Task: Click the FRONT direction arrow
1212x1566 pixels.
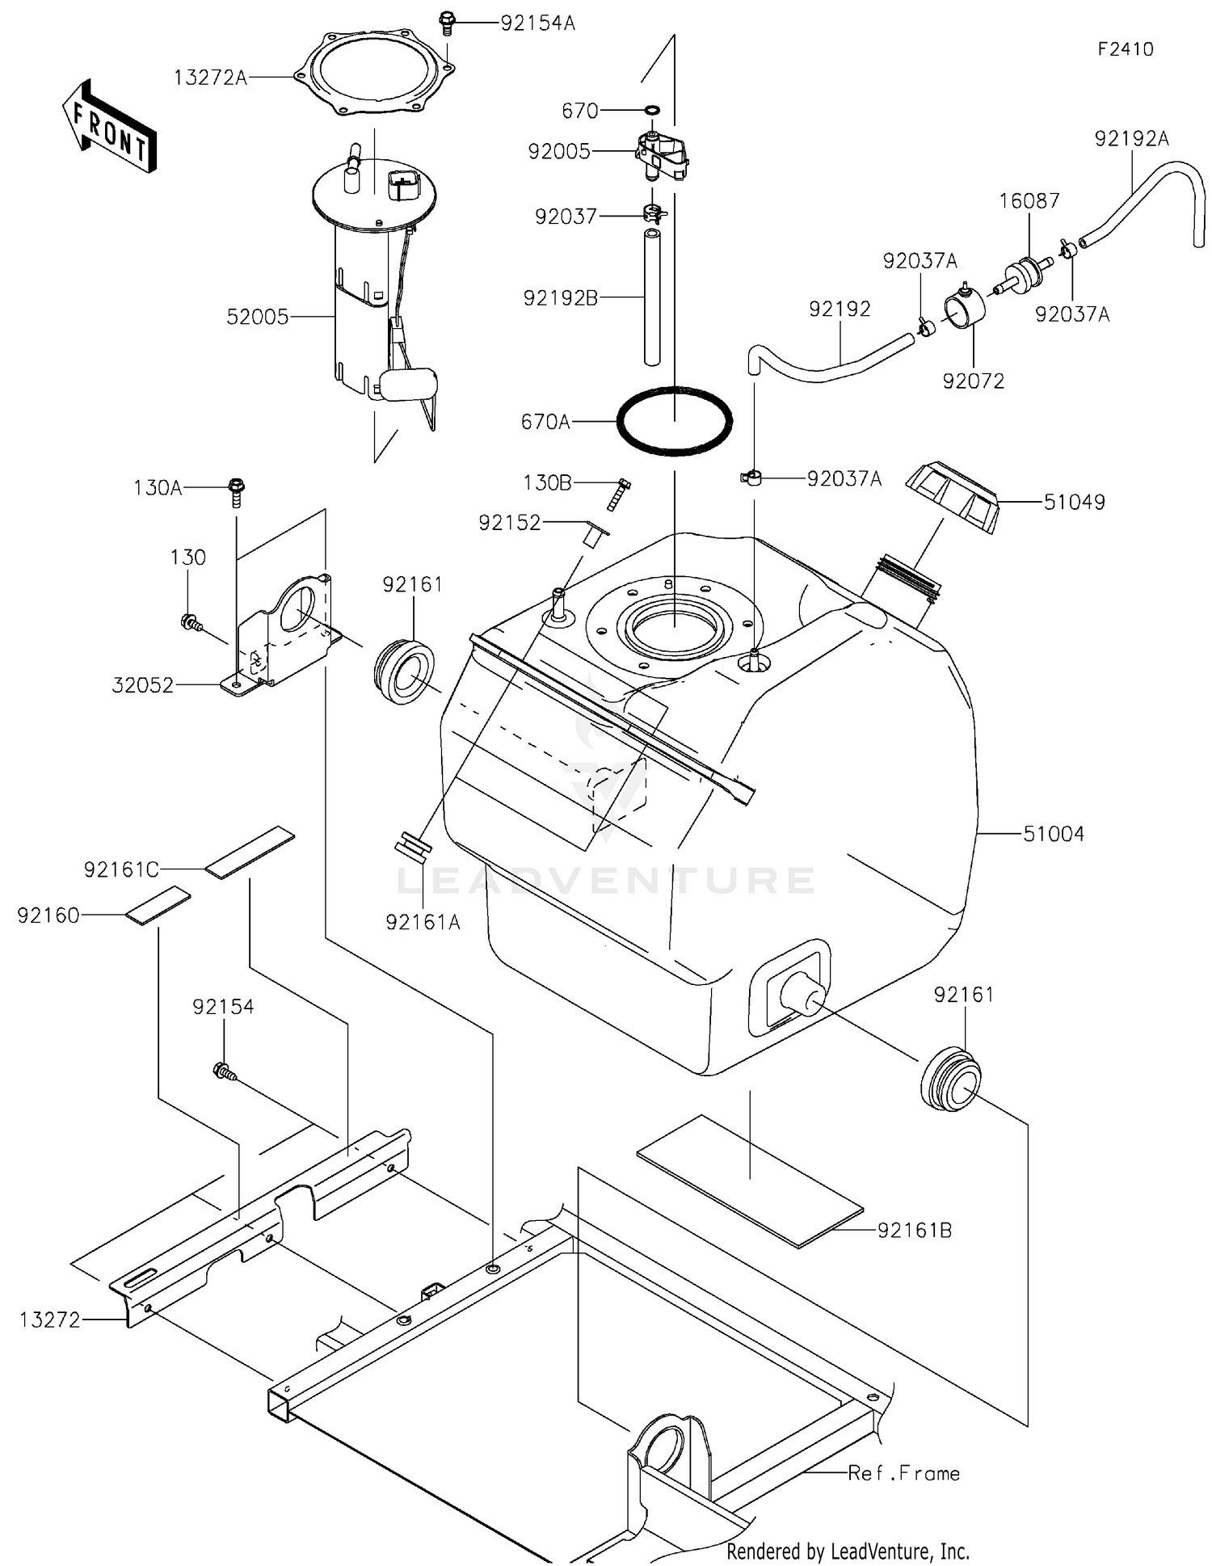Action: point(109,128)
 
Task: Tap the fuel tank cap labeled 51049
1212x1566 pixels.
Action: point(953,495)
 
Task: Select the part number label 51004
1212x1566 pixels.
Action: point(1054,834)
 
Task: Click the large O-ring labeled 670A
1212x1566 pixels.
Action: point(675,421)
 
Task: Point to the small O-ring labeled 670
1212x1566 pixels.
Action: point(652,110)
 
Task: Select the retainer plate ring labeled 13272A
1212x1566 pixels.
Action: point(375,74)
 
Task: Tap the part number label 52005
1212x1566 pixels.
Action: point(258,317)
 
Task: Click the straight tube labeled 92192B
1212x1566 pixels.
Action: point(652,297)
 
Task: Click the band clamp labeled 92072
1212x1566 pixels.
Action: point(965,308)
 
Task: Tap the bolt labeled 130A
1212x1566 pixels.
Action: point(237,491)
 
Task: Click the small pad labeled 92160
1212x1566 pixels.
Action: point(158,905)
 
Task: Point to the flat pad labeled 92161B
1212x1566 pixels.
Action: point(751,1181)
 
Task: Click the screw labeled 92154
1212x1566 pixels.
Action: point(224,1072)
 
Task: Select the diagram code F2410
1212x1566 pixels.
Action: point(1126,49)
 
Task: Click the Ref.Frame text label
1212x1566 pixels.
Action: point(903,1472)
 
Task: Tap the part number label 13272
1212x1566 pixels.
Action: point(50,1320)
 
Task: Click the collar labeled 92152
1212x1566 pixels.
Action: point(596,535)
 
